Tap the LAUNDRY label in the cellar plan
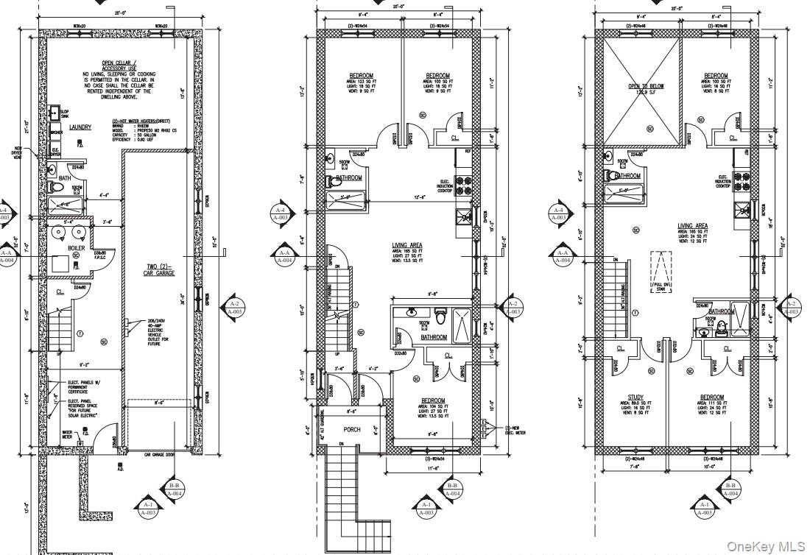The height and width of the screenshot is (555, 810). click(80, 127)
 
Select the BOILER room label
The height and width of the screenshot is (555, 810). click(76, 248)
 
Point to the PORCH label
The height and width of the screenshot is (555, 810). click(352, 429)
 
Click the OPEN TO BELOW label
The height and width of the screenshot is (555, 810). click(646, 86)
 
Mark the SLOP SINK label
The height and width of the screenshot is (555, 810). click(65, 113)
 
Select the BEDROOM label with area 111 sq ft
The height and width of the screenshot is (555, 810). click(711, 397)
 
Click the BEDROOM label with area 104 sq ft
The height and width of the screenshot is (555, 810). click(433, 401)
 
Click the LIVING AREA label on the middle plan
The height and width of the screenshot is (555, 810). click(406, 245)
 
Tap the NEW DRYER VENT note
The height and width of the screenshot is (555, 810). click(17, 152)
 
